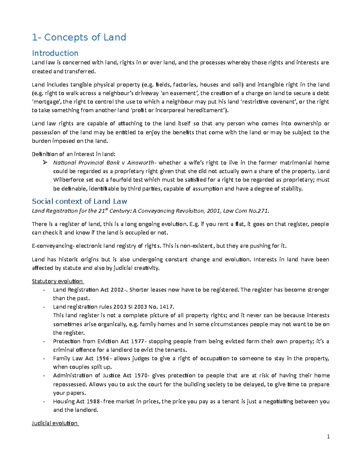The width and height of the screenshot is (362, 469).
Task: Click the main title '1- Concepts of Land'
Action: (79, 37)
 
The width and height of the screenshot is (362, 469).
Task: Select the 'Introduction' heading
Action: (55, 53)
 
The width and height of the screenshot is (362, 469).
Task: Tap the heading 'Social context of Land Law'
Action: (79, 201)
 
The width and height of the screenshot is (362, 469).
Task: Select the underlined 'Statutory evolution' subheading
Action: (57, 281)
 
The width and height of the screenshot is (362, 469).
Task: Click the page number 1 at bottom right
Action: (328, 436)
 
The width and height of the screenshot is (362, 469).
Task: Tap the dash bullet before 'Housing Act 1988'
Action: (44, 401)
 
